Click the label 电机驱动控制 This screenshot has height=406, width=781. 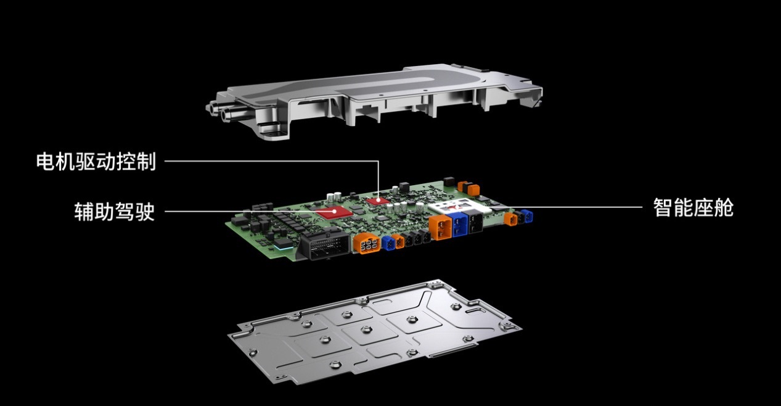96,161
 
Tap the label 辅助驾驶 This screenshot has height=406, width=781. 115,211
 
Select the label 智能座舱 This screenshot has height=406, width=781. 693,207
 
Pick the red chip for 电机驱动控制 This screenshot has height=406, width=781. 378,201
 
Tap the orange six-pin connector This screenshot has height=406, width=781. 366,242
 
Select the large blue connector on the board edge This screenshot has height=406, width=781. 459,224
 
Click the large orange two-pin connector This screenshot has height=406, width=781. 440,227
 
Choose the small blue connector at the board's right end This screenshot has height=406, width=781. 527,217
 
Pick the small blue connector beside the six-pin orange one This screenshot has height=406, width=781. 388,243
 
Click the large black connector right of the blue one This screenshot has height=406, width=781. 475,222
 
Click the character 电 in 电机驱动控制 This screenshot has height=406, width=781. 46,161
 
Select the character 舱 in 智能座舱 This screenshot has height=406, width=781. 724,207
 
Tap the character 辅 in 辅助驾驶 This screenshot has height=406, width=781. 84,211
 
